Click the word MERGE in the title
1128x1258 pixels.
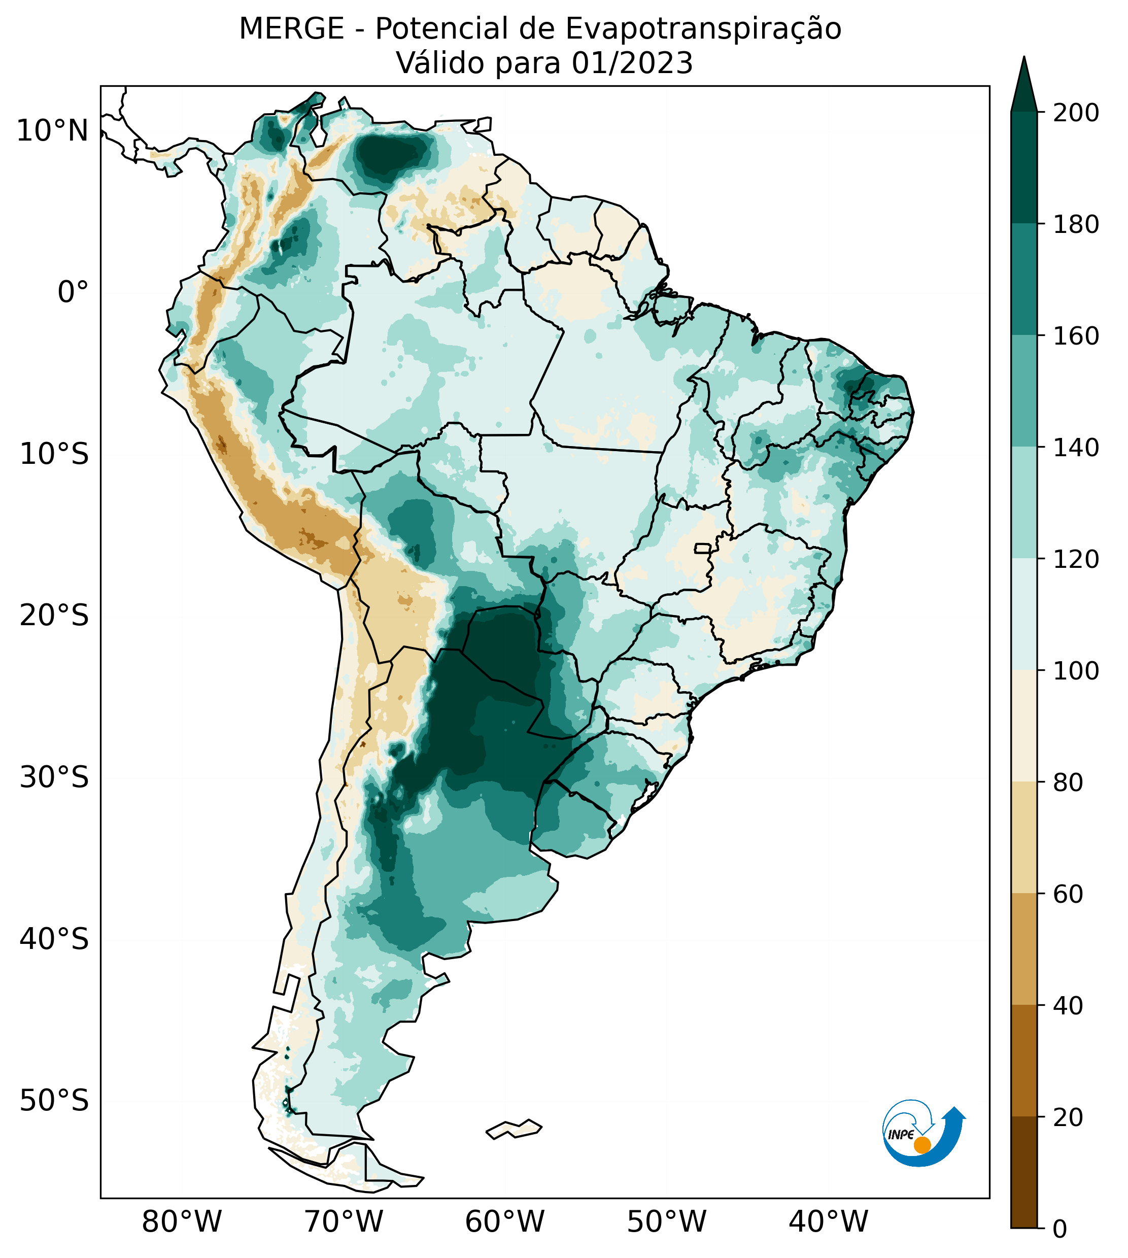(x=291, y=29)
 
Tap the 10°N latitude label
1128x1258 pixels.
(x=52, y=131)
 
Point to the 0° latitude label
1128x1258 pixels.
(x=73, y=292)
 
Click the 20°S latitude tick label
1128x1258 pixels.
(x=54, y=616)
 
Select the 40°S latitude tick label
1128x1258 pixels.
(x=54, y=939)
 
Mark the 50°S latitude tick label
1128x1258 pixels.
(x=54, y=1101)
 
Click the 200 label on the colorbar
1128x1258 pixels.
(x=1076, y=113)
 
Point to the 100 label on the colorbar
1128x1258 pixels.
(x=1076, y=670)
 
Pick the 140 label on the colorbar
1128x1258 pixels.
(x=1076, y=448)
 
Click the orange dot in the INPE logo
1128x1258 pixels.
(x=922, y=1145)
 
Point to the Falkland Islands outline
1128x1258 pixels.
(x=514, y=1129)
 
